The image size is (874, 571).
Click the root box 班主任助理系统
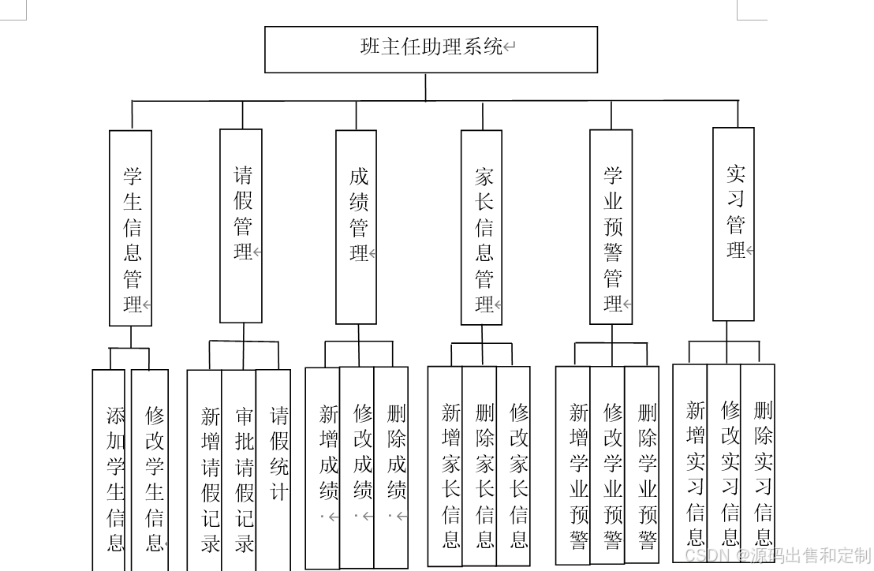431,49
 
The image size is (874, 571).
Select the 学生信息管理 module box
130,228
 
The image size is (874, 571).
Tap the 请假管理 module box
241,226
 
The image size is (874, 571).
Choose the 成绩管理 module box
356,227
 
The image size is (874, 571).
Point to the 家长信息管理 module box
481,227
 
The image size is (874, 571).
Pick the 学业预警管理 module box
611,226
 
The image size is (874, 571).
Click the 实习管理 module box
733,224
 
